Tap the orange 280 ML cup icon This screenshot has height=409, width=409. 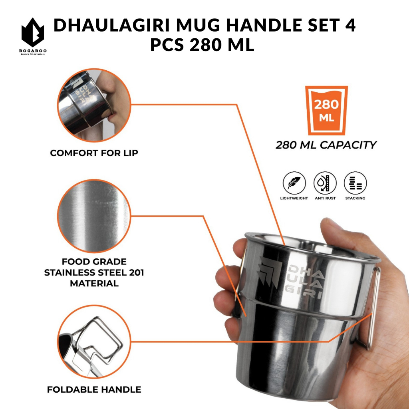(326, 110)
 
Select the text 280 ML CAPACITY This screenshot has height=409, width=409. (326, 145)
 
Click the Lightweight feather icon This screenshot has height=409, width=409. (295, 183)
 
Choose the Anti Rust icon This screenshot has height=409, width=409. (325, 183)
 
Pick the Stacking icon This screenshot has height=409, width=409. (355, 183)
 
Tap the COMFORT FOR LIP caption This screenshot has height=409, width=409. (94, 153)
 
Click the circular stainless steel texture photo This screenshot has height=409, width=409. (93, 216)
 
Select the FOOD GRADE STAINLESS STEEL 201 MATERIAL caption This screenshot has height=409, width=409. (94, 272)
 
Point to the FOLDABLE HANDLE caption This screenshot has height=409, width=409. (94, 389)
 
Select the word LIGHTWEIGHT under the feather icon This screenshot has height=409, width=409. (295, 198)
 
